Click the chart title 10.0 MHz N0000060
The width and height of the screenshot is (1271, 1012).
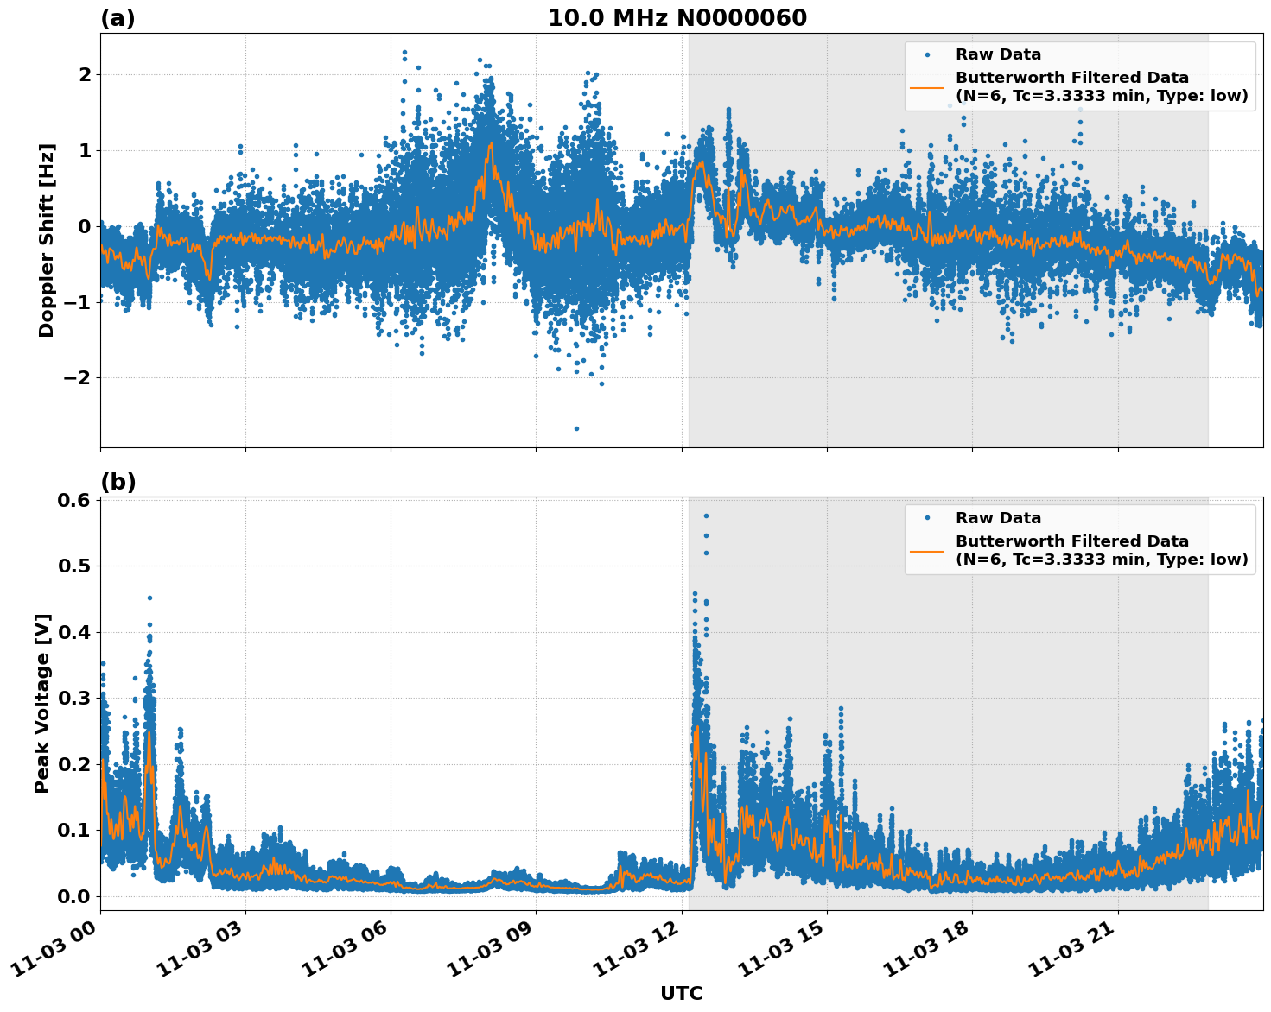[677, 18]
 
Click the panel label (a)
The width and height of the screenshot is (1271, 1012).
[118, 18]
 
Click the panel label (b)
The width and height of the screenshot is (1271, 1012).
[118, 482]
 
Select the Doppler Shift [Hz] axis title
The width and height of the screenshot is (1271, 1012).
[47, 240]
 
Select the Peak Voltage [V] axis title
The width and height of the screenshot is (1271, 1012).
[42, 703]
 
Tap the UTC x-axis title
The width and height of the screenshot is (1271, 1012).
[681, 993]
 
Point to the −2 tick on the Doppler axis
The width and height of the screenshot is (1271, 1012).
[79, 378]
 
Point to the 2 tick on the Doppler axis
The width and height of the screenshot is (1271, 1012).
[85, 75]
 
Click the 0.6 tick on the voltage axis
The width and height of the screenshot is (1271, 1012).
[73, 501]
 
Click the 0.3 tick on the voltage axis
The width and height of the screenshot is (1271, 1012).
[73, 699]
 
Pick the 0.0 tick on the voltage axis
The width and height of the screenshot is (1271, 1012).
[73, 896]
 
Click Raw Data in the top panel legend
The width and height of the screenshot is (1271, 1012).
[998, 54]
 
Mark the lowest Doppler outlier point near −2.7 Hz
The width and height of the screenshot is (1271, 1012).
[576, 428]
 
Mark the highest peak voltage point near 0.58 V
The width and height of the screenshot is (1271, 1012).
[706, 515]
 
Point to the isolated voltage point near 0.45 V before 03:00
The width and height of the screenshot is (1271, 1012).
[149, 598]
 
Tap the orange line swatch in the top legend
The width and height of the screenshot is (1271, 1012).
[927, 86]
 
